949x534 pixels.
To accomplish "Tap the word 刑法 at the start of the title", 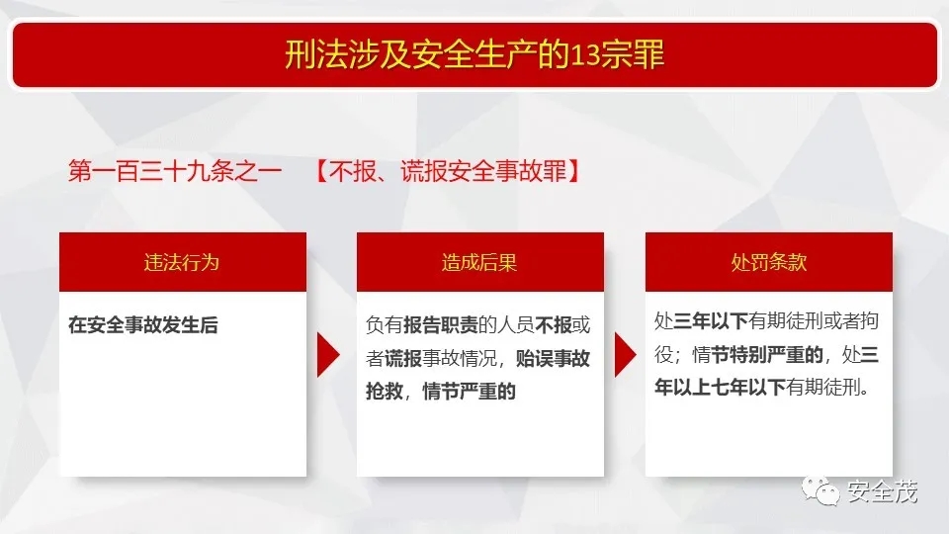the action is click(316, 54).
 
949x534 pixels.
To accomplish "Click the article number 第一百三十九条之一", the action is click(175, 171).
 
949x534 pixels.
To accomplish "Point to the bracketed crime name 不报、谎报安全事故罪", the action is click(448, 171).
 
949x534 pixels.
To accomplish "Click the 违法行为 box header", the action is click(182, 262).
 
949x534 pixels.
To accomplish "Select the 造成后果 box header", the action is click(479, 262).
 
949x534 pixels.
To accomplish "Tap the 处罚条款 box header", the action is click(769, 262).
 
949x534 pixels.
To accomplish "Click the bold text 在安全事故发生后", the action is click(142, 325).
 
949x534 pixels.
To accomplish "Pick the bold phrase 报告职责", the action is click(441, 325).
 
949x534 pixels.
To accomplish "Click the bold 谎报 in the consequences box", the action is click(403, 358).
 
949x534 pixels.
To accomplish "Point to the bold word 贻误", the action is click(534, 358).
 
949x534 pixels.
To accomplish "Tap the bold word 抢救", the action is click(385, 392).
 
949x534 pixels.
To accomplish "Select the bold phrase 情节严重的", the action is click(469, 392).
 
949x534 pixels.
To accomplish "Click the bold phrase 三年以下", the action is click(711, 320).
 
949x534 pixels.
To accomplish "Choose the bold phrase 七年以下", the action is click(748, 387).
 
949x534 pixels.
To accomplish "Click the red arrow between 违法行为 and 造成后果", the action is click(328, 355).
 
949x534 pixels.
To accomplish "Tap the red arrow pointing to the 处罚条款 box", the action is click(626, 355).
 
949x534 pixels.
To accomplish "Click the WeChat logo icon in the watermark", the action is click(820, 490).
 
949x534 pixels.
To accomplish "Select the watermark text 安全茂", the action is click(883, 491).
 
